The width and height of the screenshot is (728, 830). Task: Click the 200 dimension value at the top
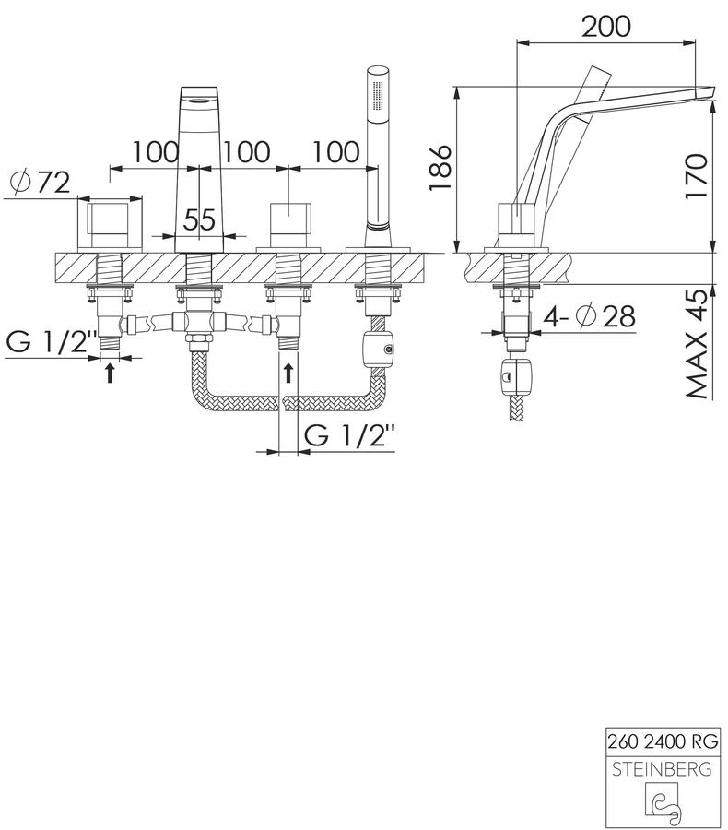coord(605,27)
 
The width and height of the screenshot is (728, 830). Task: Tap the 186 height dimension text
coord(440,167)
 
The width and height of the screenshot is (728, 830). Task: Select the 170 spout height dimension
coord(696,176)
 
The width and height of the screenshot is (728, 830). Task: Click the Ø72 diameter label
coord(41,183)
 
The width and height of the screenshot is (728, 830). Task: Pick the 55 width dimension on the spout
coord(199,219)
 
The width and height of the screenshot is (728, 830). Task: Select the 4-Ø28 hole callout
coord(590,317)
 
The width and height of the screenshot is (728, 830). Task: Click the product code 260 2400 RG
coord(663,741)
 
